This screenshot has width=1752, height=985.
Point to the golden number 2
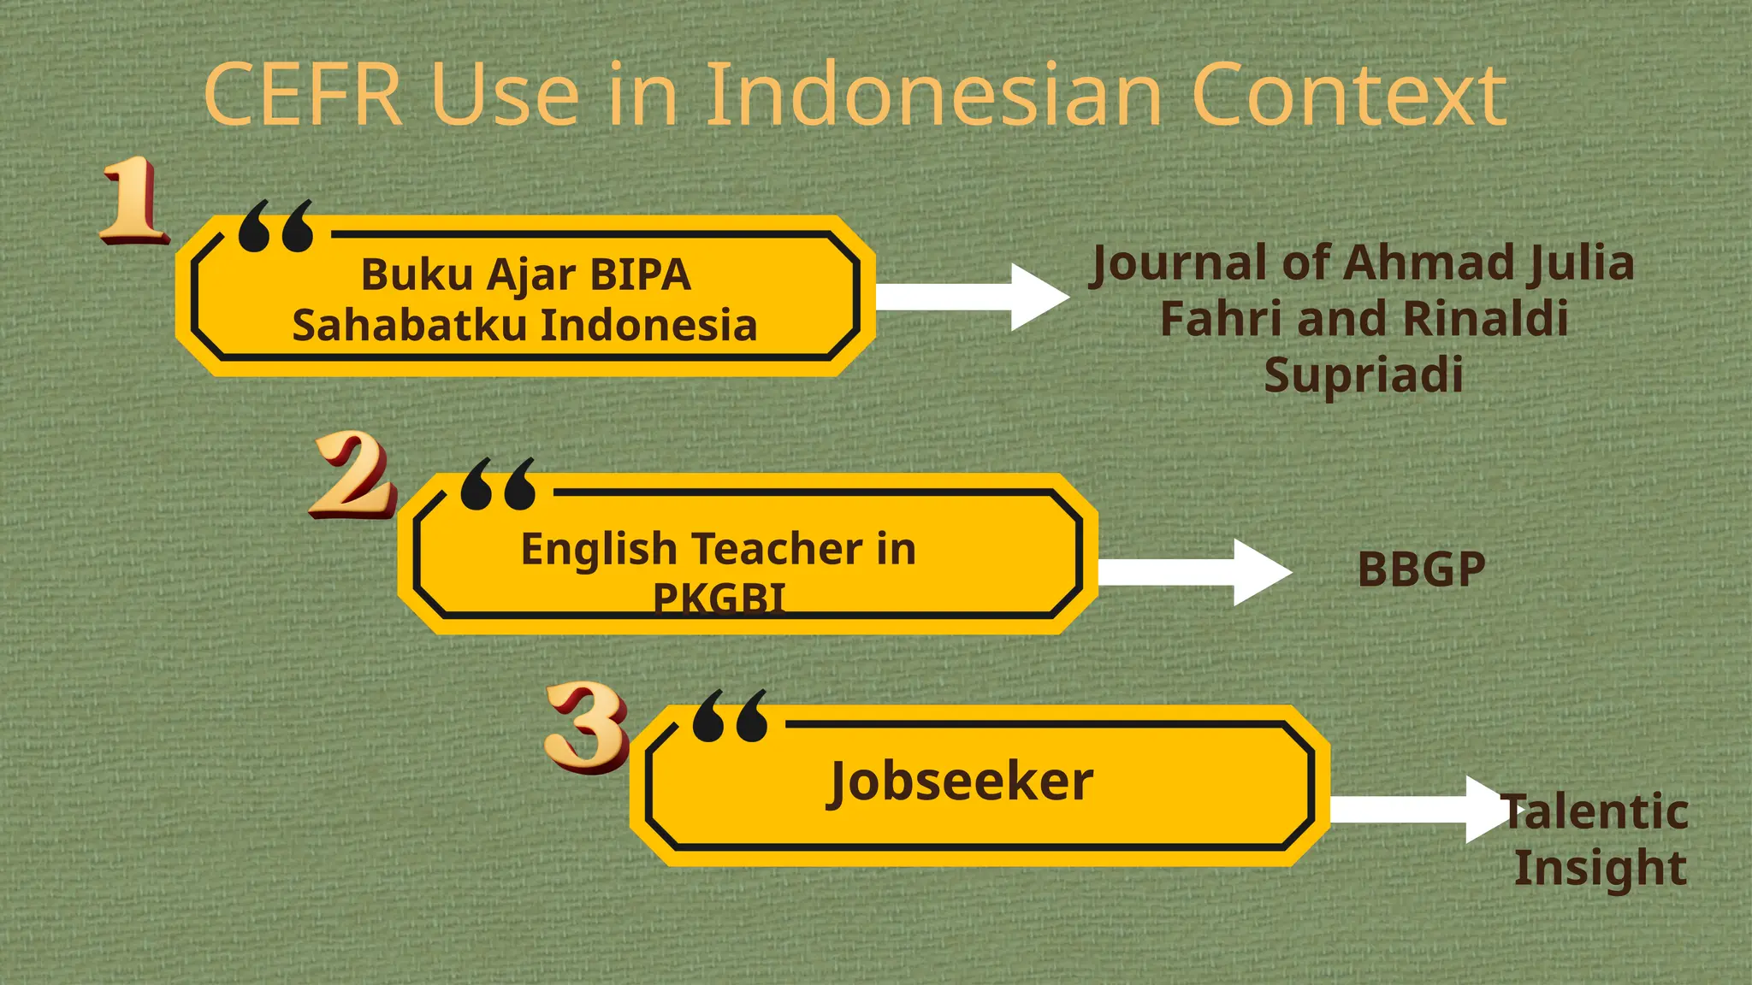coord(352,475)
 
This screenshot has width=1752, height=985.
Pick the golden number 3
coord(587,727)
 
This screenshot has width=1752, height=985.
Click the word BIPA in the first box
coord(640,274)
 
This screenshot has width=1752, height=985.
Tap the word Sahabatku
coord(409,325)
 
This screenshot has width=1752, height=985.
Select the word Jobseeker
coord(960,782)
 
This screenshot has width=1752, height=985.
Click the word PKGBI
coord(719,598)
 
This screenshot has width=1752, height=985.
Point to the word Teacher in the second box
coord(776,548)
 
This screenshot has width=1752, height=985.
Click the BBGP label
coord(1421,569)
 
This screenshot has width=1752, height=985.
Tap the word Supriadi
coord(1364,375)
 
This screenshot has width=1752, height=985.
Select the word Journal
coord(1177,262)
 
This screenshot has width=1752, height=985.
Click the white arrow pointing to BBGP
coord(1193,573)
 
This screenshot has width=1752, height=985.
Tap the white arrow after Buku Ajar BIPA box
coord(971,297)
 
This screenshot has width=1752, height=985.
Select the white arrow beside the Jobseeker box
coord(1416,809)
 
